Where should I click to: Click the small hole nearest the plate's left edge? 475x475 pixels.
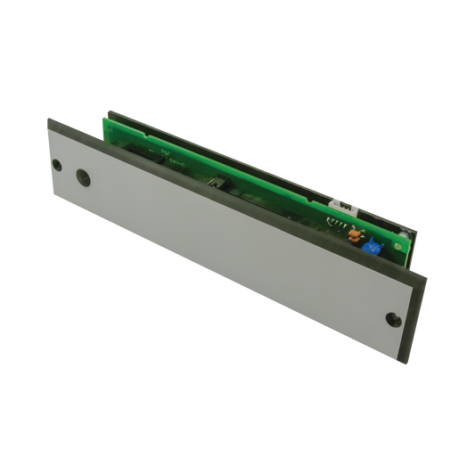click(x=58, y=165)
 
